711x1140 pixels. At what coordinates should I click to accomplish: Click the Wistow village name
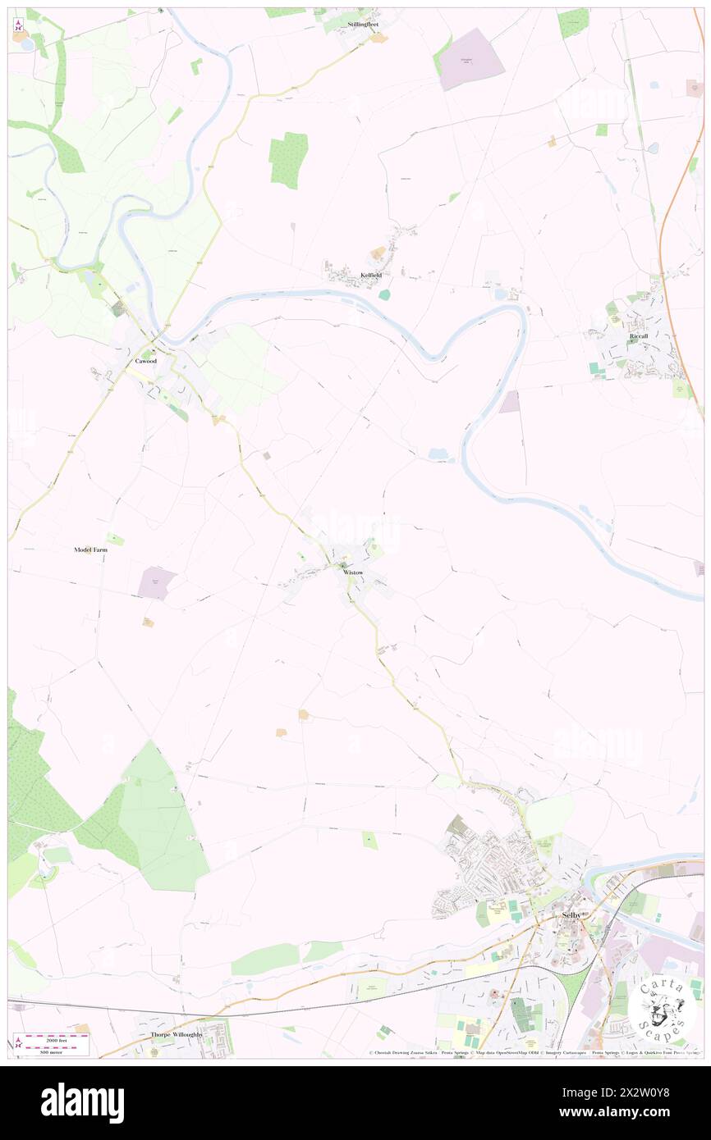353,572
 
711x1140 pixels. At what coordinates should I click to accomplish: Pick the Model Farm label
90,549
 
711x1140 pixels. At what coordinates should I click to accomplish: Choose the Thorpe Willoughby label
176,1035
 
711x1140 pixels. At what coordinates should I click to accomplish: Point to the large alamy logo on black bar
82,1102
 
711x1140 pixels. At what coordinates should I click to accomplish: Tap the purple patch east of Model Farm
158,582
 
